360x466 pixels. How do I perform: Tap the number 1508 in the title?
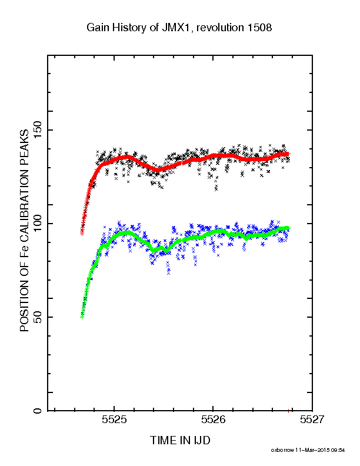(x=259, y=28)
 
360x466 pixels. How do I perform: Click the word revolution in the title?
(x=220, y=28)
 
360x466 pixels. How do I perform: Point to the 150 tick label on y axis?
(x=38, y=129)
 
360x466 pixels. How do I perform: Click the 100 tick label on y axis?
(x=38, y=223)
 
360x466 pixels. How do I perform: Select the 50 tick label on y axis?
(x=38, y=317)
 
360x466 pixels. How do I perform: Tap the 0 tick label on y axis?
(x=38, y=411)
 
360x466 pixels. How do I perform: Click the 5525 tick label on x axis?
(x=114, y=420)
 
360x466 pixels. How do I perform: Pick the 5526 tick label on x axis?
(x=214, y=420)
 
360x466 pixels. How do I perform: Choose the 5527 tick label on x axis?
(x=312, y=420)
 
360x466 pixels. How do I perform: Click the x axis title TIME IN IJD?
(x=180, y=440)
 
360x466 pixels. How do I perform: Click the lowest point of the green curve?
(x=82, y=317)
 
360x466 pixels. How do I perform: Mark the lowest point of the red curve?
(x=82, y=234)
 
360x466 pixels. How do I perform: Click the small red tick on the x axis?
(x=288, y=411)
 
